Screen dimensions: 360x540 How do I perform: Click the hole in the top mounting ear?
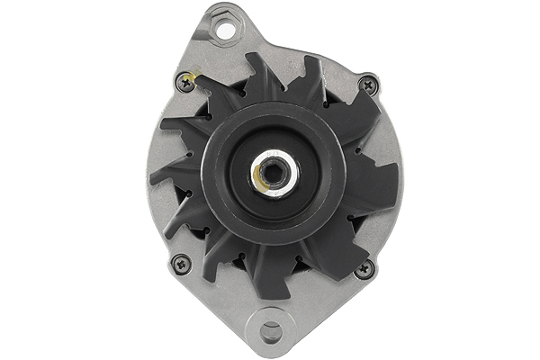coord(226,31)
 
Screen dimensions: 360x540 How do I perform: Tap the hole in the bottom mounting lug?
coord(270,331)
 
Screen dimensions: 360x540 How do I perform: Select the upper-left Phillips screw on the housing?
coord(185,80)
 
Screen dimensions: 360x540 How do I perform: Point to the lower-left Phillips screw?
coord(180,264)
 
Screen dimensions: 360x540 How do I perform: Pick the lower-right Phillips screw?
coord(364,268)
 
